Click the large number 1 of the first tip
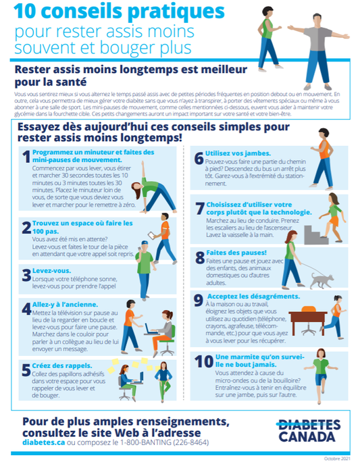click(26, 157)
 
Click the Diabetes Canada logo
click(309, 430)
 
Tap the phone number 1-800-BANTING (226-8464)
click(166, 442)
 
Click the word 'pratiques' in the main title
click(179, 11)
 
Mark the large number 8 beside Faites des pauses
click(200, 257)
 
